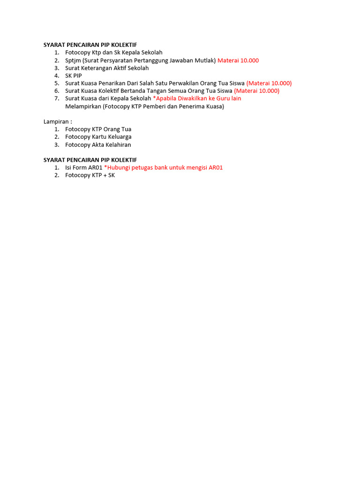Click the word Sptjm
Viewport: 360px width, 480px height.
pos(73,60)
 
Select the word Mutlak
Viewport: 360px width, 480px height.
pos(204,60)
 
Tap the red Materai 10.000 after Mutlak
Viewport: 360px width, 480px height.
pos(238,60)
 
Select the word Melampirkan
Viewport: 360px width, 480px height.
pos(83,106)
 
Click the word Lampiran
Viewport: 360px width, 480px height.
pos(56,121)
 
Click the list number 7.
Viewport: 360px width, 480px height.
pos(56,98)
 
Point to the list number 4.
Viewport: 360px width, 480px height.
pos(56,75)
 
